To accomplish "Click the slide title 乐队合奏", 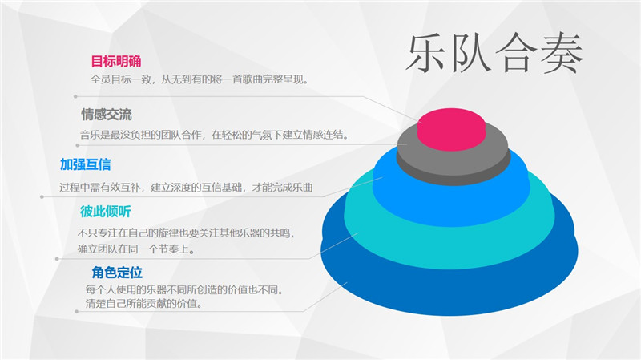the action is coord(494,53).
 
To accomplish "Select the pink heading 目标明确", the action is coord(116,62).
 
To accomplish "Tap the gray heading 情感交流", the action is coord(107,115).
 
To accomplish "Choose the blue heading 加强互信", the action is coord(86,164).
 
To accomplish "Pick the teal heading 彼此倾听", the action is coord(106,212).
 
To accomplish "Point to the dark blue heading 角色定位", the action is coord(117,273).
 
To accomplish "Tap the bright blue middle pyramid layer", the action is coord(451,204).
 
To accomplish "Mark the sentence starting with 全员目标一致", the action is coord(199,79).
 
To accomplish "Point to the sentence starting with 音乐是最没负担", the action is coord(214,134).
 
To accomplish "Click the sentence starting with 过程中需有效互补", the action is coord(186,188).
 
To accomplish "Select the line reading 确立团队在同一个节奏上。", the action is coord(136,249).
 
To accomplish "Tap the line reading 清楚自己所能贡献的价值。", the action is coord(144,304).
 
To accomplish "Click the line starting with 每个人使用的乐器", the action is coord(184,289).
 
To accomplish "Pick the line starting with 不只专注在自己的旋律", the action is coord(186,233).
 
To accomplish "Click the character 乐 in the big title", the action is coord(426,53).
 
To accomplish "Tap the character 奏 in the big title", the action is coord(562,54).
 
